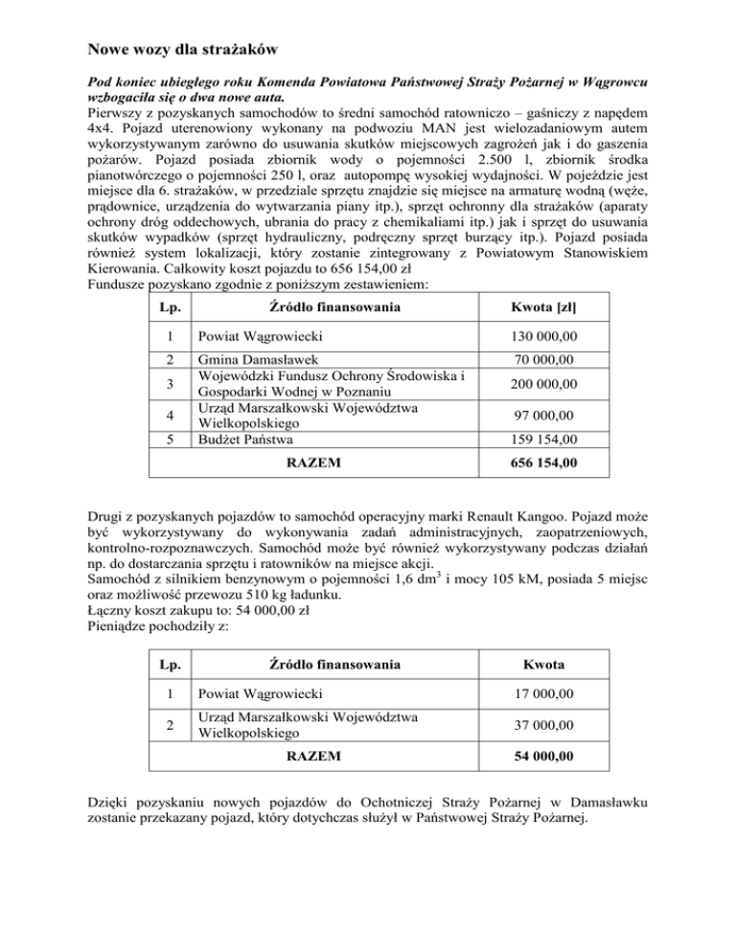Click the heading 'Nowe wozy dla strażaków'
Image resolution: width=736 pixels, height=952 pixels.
[x=182, y=47]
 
